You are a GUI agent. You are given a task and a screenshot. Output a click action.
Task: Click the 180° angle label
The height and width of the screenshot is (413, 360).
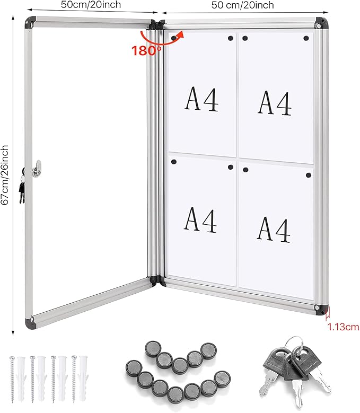[x=147, y=51]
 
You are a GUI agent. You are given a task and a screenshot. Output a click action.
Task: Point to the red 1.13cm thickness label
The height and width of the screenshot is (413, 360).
[x=342, y=327]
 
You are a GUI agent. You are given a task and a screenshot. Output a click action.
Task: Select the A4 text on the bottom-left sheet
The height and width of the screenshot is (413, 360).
[x=200, y=220]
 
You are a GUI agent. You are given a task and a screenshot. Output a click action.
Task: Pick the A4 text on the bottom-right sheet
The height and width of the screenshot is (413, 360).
[x=274, y=229]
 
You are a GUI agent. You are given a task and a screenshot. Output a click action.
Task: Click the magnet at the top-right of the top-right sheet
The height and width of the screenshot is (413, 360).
[x=306, y=38]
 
